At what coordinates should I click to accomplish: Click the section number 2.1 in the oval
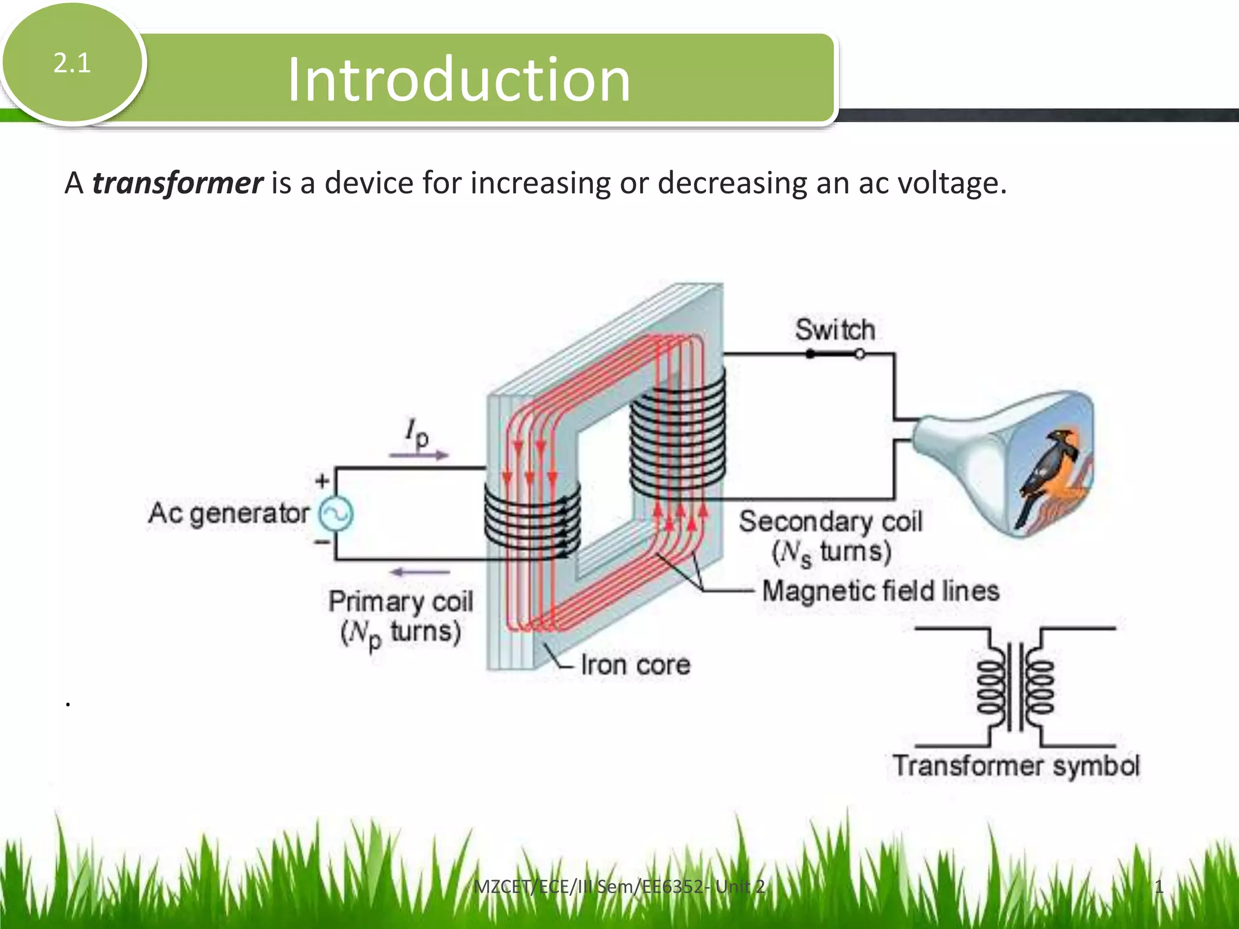point(72,64)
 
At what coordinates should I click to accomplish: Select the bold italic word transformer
point(177,183)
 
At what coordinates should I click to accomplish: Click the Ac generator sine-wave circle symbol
point(336,514)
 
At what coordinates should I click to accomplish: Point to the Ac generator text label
point(229,513)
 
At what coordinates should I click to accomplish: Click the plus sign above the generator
point(322,481)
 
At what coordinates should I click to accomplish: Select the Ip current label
point(417,433)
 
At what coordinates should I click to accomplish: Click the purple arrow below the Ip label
point(419,455)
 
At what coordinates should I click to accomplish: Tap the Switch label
point(835,330)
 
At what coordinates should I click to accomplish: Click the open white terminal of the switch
point(860,355)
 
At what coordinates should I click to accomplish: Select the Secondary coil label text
point(831,522)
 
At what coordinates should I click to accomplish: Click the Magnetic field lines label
point(880,591)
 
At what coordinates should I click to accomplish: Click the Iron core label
point(635,665)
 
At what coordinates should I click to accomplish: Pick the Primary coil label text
point(400,602)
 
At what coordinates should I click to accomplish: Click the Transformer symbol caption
point(1016,766)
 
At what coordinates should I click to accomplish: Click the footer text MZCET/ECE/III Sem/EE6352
point(618,887)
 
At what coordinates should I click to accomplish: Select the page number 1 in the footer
point(1159,887)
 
